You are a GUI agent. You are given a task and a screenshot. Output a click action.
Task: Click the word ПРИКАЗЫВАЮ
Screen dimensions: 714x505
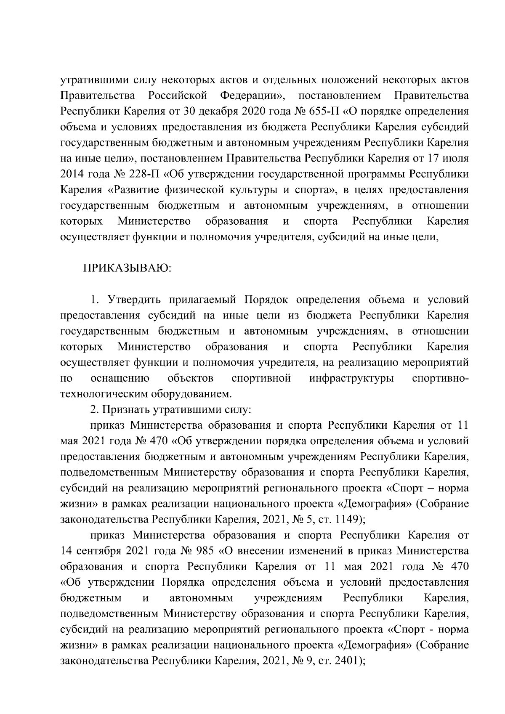coord(127,268)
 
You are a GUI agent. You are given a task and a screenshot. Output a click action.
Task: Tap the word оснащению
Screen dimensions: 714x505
coord(120,378)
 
